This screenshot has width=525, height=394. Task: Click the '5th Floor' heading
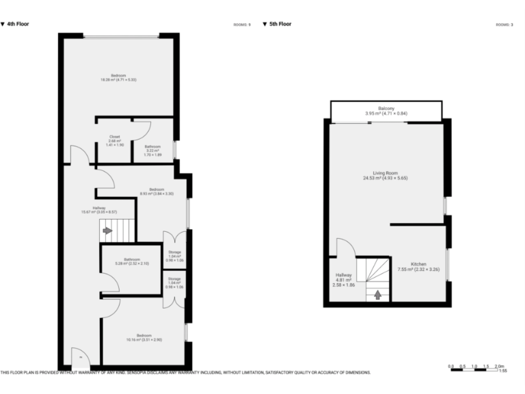(x=280, y=24)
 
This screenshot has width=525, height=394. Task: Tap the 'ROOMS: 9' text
(x=242, y=25)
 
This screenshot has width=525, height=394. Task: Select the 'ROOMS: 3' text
(x=504, y=25)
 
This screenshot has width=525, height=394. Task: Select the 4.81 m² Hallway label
(x=343, y=279)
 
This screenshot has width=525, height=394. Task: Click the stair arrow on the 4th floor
(x=107, y=231)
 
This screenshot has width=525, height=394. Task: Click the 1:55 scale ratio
(x=503, y=371)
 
